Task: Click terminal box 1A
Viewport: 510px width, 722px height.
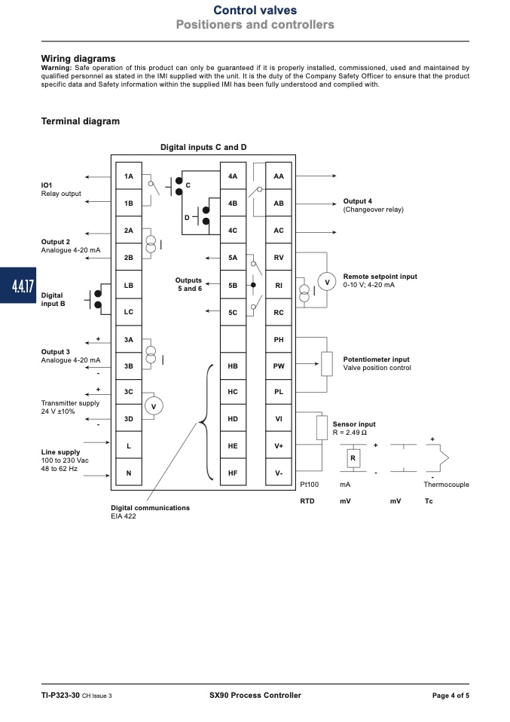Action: (128, 176)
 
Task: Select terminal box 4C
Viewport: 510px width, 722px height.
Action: (233, 230)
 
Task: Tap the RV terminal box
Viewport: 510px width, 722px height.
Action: (279, 258)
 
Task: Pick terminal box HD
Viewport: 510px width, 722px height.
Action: (233, 418)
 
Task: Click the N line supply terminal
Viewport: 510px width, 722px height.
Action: (128, 473)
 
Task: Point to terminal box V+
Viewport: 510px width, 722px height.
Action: (279, 445)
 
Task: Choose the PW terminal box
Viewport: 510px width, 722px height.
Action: (279, 366)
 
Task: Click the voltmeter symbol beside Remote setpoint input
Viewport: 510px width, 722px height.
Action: (327, 282)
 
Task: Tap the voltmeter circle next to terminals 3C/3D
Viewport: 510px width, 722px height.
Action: (154, 406)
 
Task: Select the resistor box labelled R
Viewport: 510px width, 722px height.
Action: (353, 458)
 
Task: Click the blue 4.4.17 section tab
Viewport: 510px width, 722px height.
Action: (18, 286)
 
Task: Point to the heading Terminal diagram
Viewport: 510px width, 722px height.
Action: (80, 121)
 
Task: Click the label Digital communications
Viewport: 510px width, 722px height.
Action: (150, 507)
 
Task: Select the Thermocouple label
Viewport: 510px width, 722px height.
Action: (447, 485)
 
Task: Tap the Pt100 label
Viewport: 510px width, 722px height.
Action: (310, 485)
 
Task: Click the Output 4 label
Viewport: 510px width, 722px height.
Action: (358, 200)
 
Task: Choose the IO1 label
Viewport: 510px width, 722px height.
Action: (47, 185)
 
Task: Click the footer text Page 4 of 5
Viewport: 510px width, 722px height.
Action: (450, 696)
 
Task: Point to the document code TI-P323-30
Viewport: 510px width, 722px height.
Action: (60, 696)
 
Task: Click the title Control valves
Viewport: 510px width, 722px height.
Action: (255, 10)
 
